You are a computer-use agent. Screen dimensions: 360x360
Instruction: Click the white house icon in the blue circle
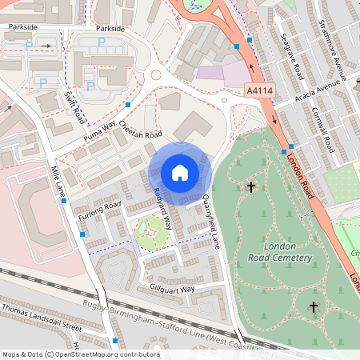click(179, 172)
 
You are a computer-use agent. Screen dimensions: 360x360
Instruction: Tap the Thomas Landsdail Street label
click(42, 318)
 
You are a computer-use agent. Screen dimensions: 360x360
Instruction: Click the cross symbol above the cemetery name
click(251, 187)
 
